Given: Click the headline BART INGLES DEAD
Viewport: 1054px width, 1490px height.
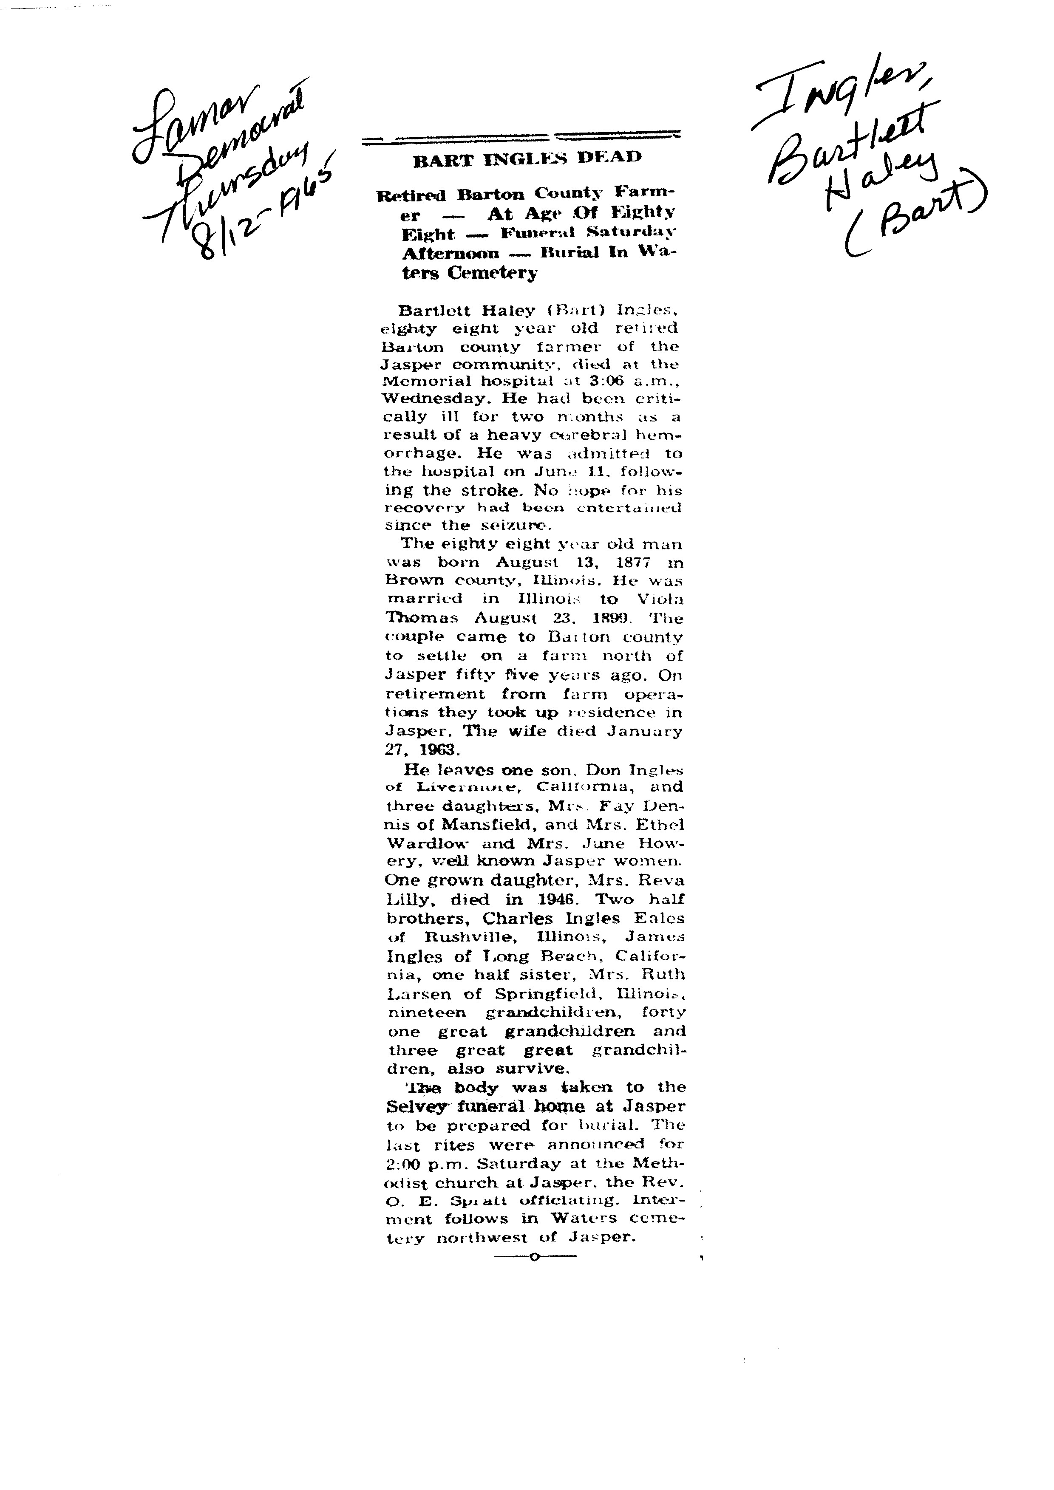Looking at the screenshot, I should (x=527, y=158).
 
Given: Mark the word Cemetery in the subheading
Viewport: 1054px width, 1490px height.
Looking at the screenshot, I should (x=492, y=273).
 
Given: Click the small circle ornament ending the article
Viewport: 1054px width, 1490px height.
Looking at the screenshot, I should (x=534, y=1258).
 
